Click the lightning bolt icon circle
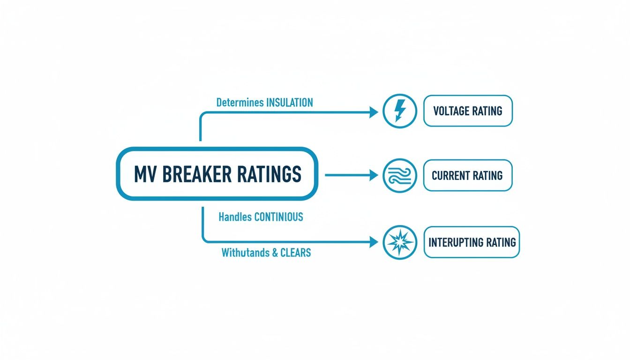399,111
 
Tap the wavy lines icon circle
399,175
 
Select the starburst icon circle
399,242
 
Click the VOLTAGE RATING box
468,111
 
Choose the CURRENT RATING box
467,175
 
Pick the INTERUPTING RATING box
472,242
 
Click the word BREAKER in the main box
197,174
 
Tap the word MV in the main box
145,174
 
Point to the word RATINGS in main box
269,174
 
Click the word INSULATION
289,103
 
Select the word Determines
240,103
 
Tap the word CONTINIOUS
278,217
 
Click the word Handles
235,217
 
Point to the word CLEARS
296,253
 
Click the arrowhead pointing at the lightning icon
374,112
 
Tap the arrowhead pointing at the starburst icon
374,242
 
